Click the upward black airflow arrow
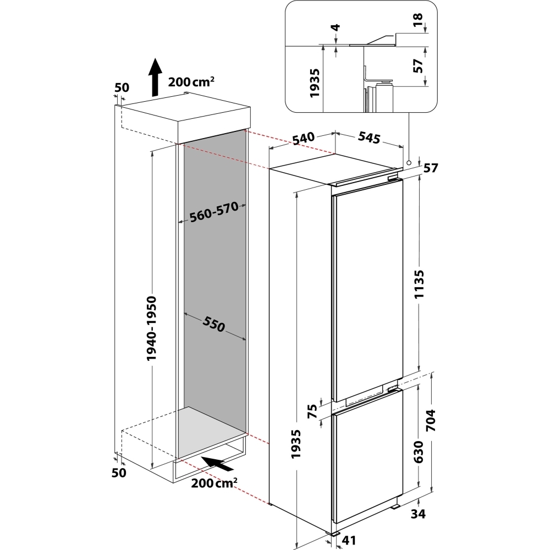pos(156,76)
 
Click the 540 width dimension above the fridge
pos(303,139)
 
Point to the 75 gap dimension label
pos(313,412)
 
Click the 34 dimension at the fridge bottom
pos(419,514)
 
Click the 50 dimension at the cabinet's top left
pos(121,87)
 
